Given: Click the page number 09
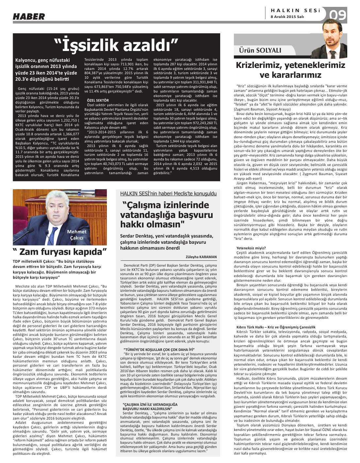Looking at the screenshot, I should click(337, 15).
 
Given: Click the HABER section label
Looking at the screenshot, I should click(29, 16).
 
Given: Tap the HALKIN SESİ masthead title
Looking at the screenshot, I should click(295, 10).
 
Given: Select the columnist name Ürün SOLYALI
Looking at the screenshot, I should click(260, 50).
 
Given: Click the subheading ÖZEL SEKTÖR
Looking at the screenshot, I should click(98, 100).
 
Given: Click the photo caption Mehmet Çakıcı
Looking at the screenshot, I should click(77, 235).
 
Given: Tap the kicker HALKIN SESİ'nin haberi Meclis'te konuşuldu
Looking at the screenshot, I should click(168, 194).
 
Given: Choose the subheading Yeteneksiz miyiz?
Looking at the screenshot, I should click(251, 248).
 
